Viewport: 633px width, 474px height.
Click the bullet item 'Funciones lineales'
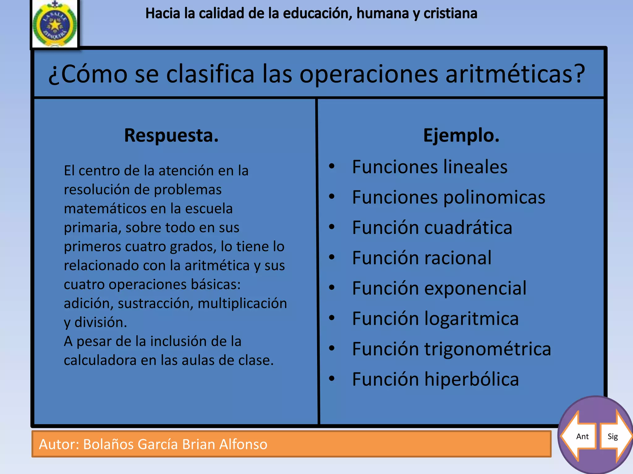click(429, 167)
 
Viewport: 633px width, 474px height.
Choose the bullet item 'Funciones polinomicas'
click(448, 197)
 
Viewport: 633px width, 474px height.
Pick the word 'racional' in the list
click(457, 258)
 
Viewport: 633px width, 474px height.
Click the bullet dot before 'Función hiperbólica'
click(332, 378)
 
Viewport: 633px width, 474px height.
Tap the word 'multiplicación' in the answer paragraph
click(242, 303)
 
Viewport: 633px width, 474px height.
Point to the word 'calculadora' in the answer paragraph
click(100, 360)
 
